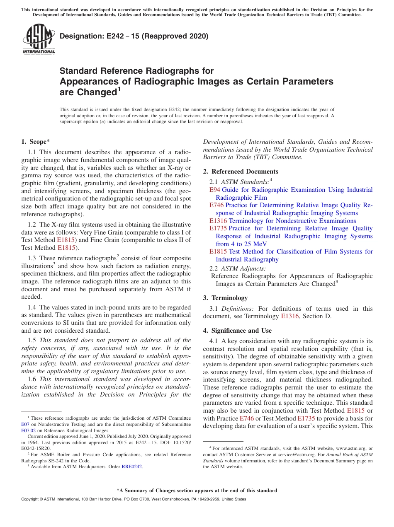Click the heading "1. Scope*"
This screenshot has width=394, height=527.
tap(35, 142)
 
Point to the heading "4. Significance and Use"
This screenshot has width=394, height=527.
tap(237, 331)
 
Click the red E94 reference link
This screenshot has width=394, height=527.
tap(215, 190)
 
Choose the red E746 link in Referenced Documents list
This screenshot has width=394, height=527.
tap(216, 205)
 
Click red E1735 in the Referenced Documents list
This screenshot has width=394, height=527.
tap(218, 228)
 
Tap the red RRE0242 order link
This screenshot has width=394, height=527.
tap(131, 467)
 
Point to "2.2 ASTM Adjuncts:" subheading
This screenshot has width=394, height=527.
tap(238, 268)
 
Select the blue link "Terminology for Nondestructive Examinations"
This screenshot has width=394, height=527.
tap(292, 221)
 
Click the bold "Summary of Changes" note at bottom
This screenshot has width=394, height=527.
tap(197, 491)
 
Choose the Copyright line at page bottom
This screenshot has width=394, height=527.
tap(133, 499)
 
